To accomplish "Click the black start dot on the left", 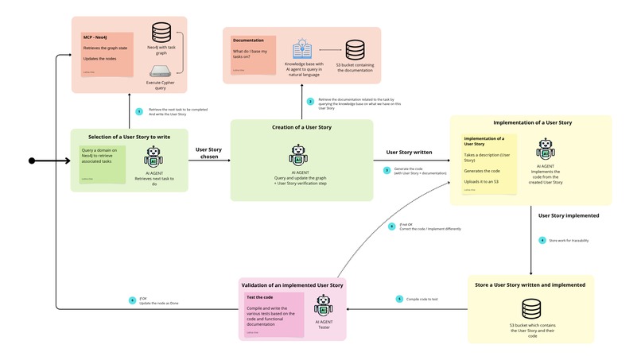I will [x=32, y=161].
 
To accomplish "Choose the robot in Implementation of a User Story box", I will [x=546, y=149].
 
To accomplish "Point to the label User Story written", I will [x=408, y=152].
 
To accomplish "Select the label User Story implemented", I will [x=569, y=215].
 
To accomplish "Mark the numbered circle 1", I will [x=138, y=111].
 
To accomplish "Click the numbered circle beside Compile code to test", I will [x=400, y=299].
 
